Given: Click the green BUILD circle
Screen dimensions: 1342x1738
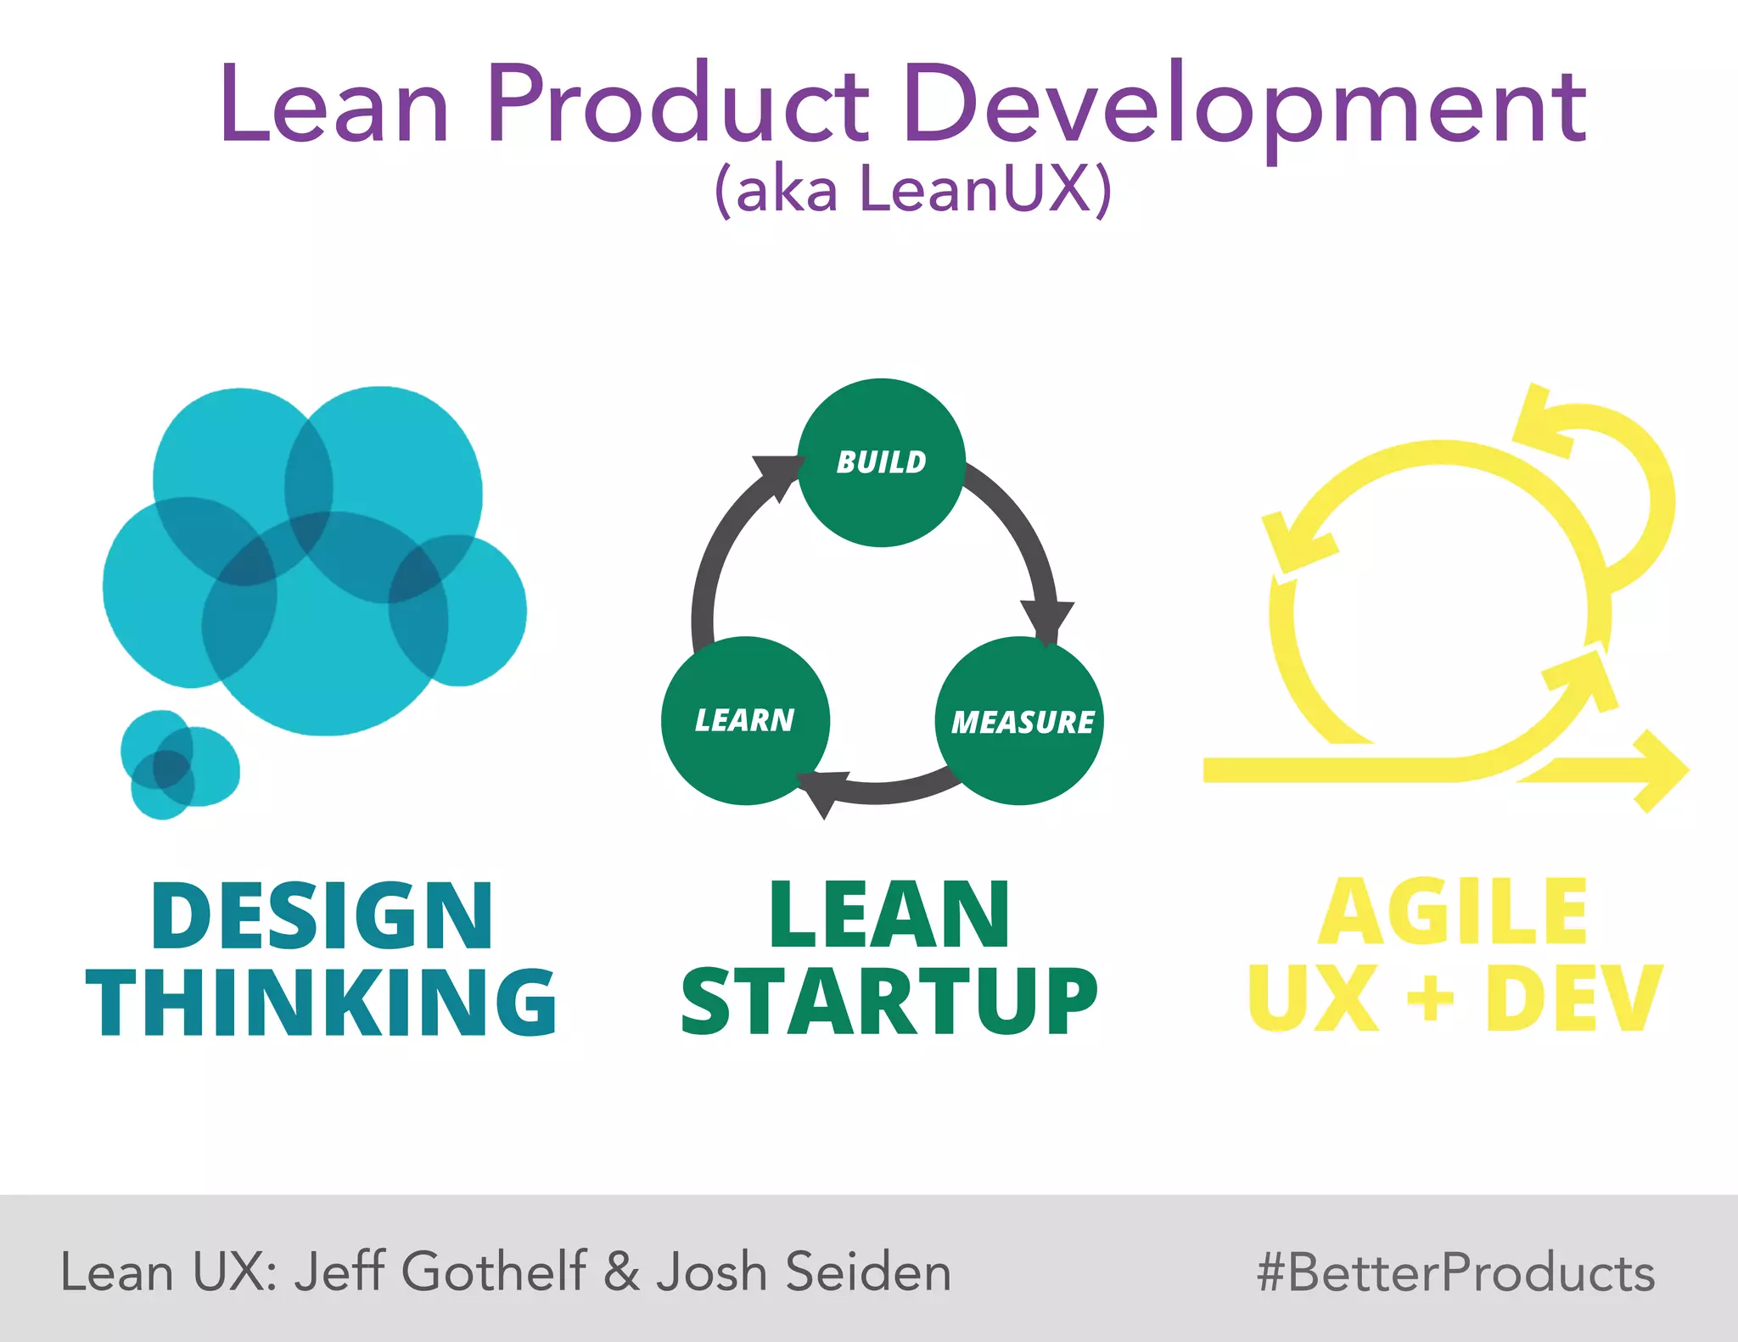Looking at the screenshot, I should (881, 462).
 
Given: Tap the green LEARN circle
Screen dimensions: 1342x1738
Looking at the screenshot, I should (745, 720).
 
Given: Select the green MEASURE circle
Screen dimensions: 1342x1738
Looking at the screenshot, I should (1019, 721).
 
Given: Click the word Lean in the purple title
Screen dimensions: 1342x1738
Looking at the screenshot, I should (334, 106).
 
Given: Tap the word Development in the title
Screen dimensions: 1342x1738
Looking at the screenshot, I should (1243, 106).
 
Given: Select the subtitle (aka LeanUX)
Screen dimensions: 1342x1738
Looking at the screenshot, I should (912, 188).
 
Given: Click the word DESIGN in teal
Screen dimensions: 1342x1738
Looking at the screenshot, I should (322, 916).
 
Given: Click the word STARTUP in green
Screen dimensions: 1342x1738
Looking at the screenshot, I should (889, 1003).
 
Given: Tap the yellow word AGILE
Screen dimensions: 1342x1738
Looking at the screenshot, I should (1452, 913).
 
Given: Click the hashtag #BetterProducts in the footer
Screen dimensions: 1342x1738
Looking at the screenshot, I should (1455, 1272).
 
